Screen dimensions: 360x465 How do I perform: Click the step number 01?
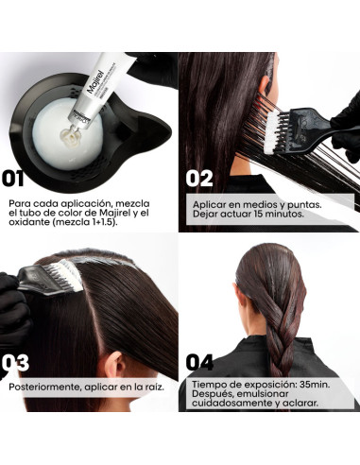coord(13,179)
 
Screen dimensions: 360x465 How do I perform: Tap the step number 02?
coord(199,179)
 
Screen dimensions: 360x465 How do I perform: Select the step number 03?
coord(15,363)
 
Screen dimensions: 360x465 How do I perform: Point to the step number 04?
coord(199,362)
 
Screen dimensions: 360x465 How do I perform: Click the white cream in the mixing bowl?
coord(67,133)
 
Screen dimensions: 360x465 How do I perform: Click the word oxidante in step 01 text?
coord(29,222)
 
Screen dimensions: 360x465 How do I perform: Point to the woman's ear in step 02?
coord(264,85)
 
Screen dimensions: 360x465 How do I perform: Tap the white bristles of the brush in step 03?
coord(70,275)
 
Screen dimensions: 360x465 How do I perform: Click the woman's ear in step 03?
coord(114,365)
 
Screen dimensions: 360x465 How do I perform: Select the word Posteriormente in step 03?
coord(45,387)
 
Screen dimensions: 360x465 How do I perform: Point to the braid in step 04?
coord(282,347)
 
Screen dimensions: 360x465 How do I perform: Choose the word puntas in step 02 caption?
coord(304,205)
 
